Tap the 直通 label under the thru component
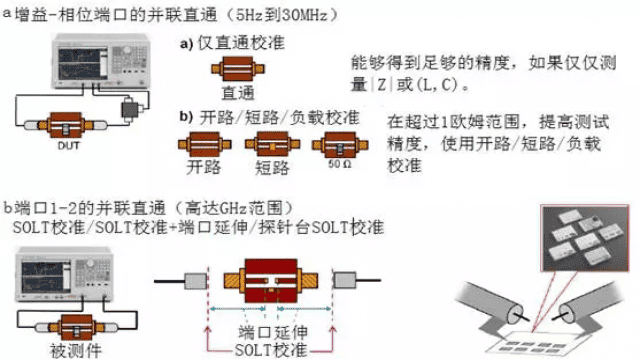pos(238,93)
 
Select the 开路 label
pos(203,165)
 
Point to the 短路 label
pos(272,165)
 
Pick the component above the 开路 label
pos(204,144)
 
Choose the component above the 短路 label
pos(272,144)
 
